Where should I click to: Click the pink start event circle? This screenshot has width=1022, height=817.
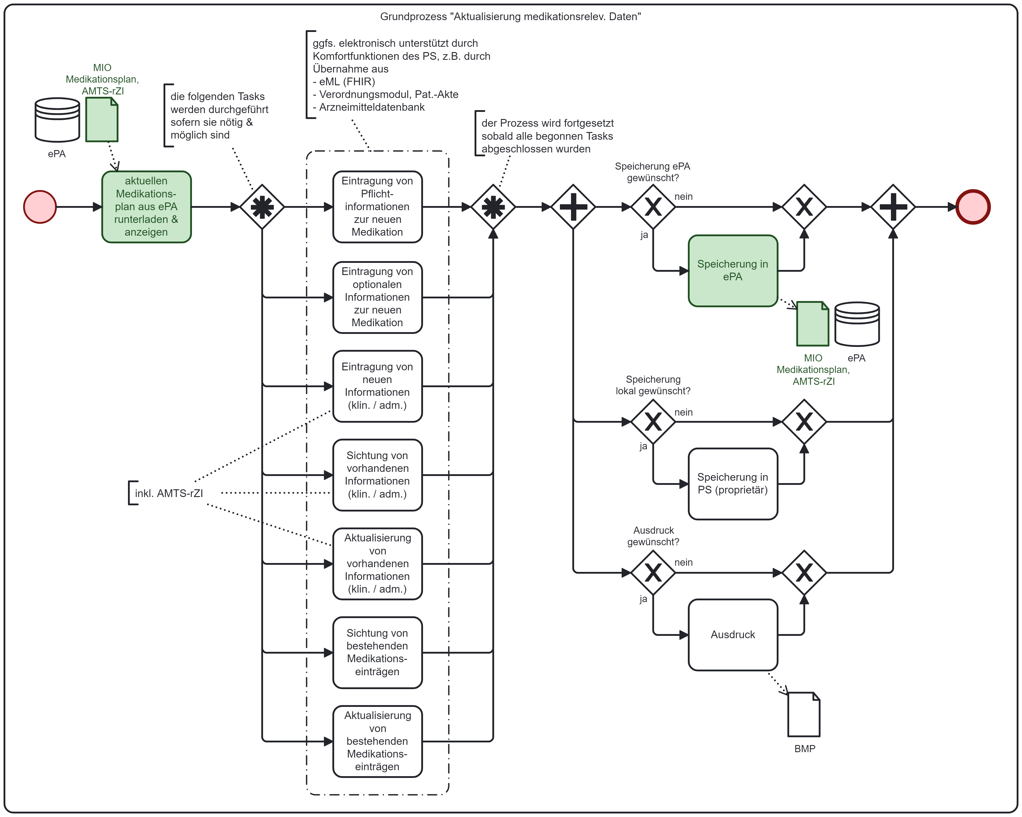(40, 207)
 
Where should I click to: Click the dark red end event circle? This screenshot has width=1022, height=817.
(973, 207)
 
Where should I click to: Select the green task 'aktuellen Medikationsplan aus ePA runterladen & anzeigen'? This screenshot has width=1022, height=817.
(146, 207)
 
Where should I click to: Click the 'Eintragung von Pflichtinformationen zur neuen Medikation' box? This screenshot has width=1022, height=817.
(377, 207)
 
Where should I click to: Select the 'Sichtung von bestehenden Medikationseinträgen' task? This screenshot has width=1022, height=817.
(377, 652)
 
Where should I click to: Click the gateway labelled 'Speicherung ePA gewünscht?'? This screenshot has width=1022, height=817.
(653, 207)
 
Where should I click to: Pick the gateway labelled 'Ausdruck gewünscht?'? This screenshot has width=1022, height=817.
(653, 572)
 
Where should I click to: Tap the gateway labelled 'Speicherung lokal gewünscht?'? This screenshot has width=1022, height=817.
(653, 422)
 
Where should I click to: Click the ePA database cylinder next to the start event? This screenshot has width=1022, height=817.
(57, 120)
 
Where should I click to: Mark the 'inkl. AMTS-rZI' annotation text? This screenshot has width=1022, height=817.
(169, 493)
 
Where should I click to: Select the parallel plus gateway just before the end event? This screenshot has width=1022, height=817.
(893, 207)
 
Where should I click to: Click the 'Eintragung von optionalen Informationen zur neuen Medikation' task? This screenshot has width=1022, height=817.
(377, 297)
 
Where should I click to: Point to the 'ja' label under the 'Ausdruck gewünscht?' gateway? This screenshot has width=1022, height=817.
(643, 599)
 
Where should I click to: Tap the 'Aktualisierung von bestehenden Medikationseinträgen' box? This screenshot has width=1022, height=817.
(377, 741)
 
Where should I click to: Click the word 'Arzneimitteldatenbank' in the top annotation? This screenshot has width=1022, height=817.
(372, 107)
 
